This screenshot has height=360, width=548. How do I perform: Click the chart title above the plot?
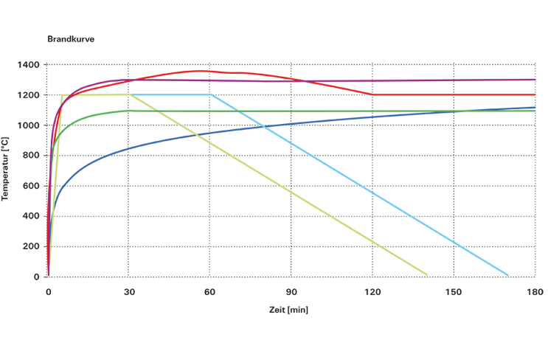click(x=70, y=38)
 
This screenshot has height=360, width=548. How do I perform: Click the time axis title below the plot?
click(x=288, y=311)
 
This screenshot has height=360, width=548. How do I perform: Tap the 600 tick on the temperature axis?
click(x=32, y=186)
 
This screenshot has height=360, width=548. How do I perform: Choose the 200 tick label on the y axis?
click(x=32, y=246)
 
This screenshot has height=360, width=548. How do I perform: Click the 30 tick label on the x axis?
click(x=129, y=293)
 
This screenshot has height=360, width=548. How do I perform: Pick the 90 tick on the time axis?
click(x=291, y=293)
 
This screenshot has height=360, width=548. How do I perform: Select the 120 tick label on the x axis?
click(x=372, y=293)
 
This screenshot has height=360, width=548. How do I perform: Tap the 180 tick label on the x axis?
click(x=535, y=293)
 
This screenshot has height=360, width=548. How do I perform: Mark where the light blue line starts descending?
click(x=211, y=95)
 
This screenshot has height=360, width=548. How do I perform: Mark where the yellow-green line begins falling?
click(x=130, y=95)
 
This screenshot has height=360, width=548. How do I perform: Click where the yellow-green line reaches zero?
click(x=427, y=275)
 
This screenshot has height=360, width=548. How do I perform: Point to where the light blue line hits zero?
click(x=508, y=275)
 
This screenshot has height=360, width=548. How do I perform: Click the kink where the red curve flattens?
click(x=373, y=95)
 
